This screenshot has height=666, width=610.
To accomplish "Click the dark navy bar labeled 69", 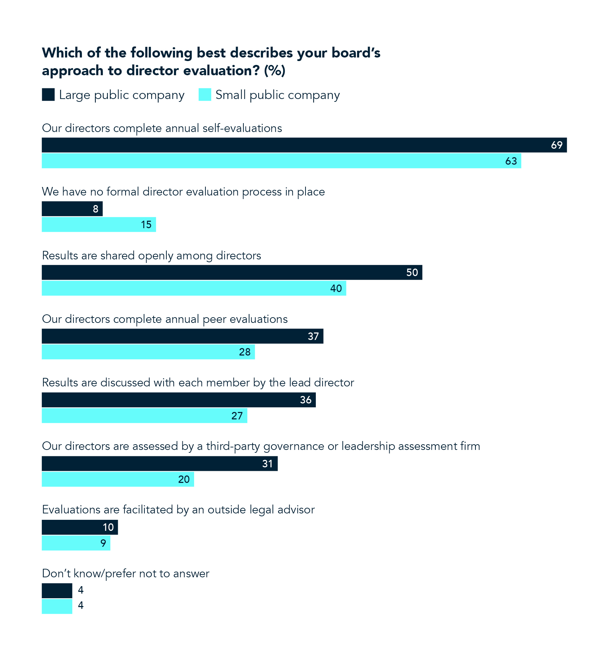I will click(x=304, y=145).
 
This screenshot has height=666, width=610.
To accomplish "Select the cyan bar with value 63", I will click(x=281, y=161).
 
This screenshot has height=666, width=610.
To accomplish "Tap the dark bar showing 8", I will click(x=72, y=209).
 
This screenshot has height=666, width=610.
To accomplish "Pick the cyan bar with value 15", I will click(x=99, y=225).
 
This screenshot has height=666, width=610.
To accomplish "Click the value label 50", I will click(x=412, y=273).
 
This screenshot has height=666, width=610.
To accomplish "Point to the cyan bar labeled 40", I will click(x=194, y=288).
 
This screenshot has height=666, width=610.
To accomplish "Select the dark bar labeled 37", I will click(x=182, y=336).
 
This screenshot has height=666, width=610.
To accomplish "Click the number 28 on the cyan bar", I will click(x=244, y=352).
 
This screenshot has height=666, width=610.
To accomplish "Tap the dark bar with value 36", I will click(x=178, y=400).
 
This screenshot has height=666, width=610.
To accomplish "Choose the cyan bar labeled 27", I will click(x=144, y=415).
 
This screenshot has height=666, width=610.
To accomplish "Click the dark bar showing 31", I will click(x=160, y=463).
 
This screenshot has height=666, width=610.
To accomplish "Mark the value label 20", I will click(x=184, y=479).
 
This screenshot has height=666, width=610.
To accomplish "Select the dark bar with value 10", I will click(x=79, y=527).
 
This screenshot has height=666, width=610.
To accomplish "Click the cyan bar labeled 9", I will click(x=76, y=543).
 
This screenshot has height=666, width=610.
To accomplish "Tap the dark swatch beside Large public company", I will click(x=48, y=95).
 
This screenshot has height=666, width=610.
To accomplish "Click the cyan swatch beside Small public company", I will click(x=205, y=95).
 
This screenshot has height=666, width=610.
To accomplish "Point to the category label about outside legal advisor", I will click(x=178, y=510).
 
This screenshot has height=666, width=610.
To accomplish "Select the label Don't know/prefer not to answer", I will click(x=126, y=573).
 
